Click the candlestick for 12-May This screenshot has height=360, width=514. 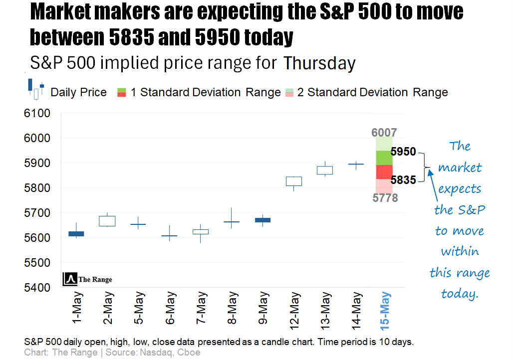293,181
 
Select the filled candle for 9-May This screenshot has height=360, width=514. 262,220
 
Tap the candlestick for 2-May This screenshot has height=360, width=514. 107,221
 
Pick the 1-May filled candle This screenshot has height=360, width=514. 76,233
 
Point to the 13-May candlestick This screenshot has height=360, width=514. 325,170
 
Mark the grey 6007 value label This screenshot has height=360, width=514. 384,133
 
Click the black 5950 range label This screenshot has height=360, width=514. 403,152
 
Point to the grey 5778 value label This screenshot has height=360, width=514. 385,198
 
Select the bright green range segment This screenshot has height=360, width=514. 384,158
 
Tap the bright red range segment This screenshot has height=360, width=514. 384,172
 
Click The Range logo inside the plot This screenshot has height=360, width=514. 88,279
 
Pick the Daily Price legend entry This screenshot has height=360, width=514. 78,92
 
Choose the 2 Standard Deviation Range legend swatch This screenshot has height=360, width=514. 289,92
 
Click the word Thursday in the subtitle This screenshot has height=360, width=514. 319,64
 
